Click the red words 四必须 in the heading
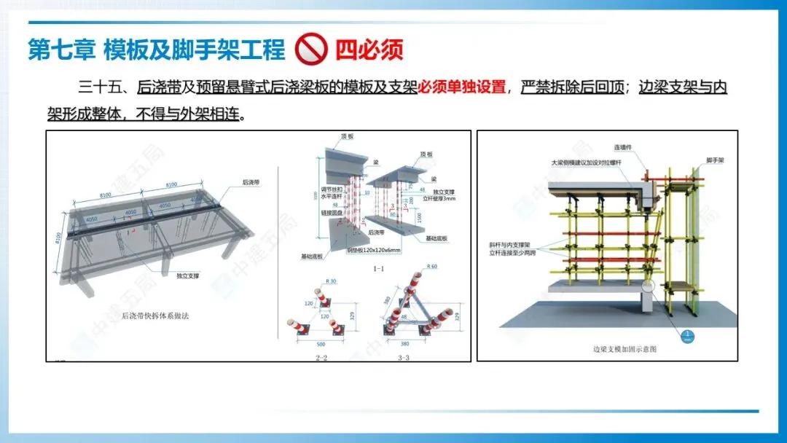(369, 50)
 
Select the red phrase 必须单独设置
(462, 87)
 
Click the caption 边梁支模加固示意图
(624, 349)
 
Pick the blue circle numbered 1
(686, 335)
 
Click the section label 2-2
(321, 358)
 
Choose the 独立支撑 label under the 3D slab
(188, 275)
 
